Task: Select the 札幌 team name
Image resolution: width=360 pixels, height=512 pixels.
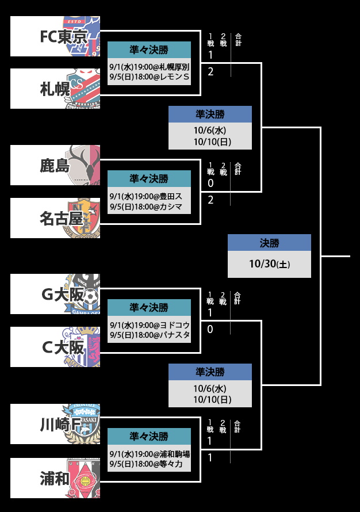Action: (55, 89)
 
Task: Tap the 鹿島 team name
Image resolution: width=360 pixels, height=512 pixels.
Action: (55, 166)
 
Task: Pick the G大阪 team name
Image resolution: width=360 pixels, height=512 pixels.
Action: (63, 295)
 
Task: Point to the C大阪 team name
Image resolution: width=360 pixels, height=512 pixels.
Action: (63, 347)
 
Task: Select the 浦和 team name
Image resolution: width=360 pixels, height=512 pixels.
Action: (55, 478)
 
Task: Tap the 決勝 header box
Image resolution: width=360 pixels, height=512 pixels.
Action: (269, 243)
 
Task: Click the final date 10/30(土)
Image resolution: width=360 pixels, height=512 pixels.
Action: (269, 265)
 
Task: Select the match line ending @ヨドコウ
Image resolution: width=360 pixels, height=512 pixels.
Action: (149, 325)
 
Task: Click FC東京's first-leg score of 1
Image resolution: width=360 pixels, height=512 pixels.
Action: (210, 56)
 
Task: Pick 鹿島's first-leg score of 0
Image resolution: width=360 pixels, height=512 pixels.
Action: (210, 184)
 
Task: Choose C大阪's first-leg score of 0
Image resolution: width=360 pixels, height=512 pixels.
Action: (210, 330)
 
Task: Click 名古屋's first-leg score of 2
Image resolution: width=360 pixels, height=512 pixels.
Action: (210, 200)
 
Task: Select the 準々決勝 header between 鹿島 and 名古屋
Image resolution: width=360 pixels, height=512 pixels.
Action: (149, 178)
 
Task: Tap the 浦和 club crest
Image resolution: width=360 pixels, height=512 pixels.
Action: (86, 479)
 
